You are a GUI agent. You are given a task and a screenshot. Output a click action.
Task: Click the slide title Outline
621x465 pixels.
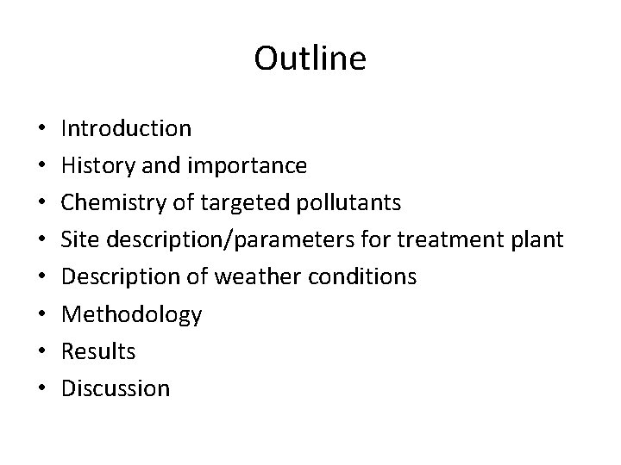[x=310, y=59]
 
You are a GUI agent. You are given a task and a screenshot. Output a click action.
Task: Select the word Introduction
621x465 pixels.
[x=127, y=129]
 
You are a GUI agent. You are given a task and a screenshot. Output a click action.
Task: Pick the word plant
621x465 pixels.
[x=539, y=240]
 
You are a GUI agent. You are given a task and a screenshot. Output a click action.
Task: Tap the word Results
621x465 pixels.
[x=99, y=351]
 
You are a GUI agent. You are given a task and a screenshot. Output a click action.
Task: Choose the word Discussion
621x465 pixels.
[x=116, y=388]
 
